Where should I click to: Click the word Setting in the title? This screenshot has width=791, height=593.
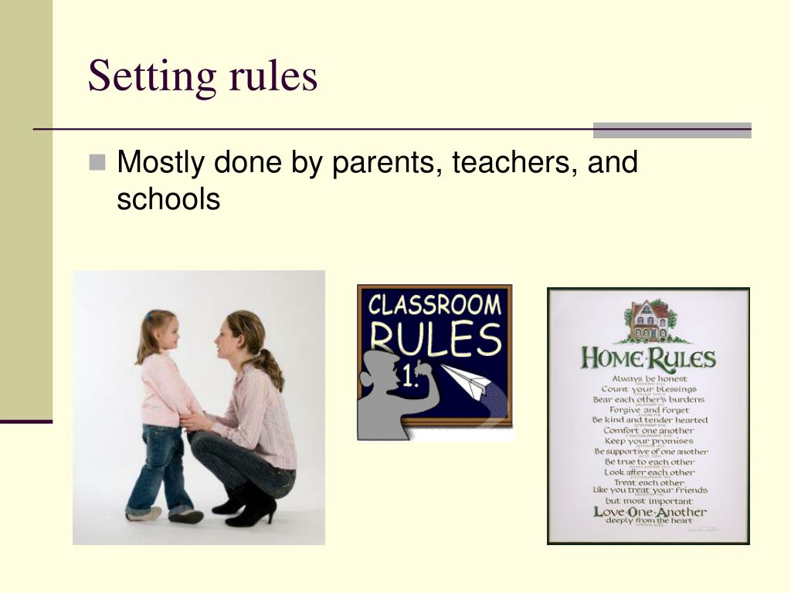pos(151,77)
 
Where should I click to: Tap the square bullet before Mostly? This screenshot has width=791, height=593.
pos(97,162)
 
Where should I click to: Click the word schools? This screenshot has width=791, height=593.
pos(168,199)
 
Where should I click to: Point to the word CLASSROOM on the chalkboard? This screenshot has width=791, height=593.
pos(434,304)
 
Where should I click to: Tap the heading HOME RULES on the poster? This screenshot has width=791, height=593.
pos(648,359)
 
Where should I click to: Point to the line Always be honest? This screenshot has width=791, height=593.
pos(649,379)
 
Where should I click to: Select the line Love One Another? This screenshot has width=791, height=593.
pos(649,512)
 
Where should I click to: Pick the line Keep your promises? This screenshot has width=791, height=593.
pos(649,441)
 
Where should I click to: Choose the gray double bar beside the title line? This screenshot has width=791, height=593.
pos(672,130)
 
